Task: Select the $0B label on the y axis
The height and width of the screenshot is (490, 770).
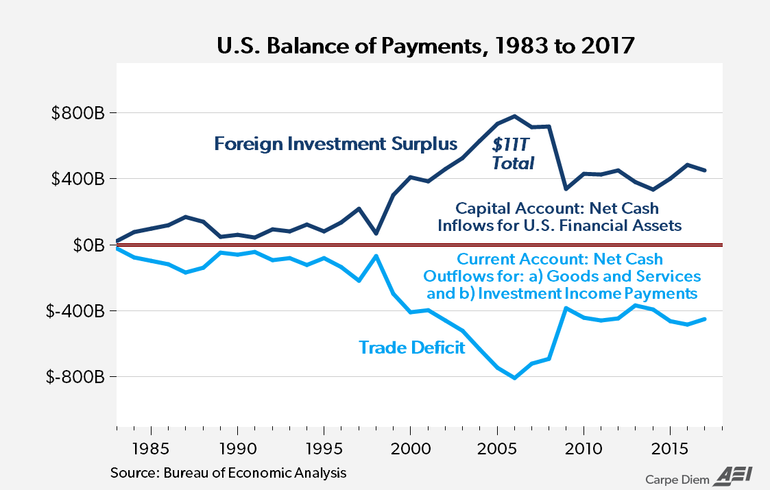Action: pos(86,245)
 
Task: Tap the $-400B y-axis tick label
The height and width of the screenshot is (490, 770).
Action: pos(75,311)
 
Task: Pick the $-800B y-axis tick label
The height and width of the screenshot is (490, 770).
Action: pos(75,377)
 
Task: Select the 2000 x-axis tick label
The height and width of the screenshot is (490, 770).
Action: pos(410,452)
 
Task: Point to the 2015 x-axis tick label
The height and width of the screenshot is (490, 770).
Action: pos(669,452)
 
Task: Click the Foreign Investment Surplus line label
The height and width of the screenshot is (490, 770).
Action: pos(335,144)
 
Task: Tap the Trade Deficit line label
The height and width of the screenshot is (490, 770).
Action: pos(411,347)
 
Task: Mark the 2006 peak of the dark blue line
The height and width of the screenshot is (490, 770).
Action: pos(514,116)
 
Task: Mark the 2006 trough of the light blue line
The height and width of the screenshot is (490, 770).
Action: pos(514,378)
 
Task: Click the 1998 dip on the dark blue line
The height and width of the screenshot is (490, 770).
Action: pos(376,233)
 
